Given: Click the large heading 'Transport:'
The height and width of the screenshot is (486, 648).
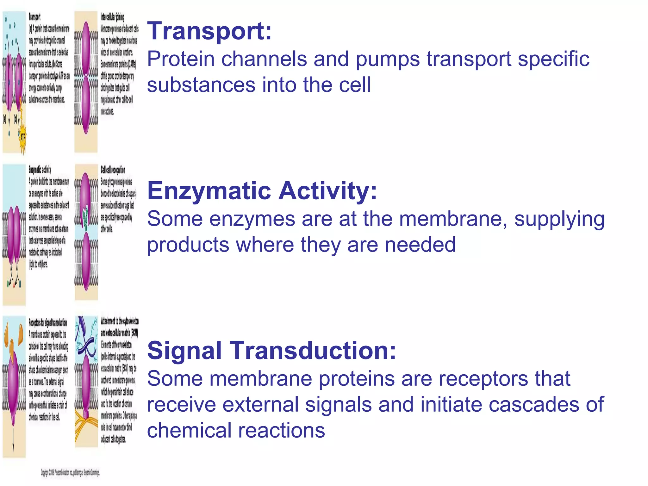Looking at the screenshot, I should point(209,31).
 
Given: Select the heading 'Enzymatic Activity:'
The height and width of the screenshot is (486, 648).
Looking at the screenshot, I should point(262,191).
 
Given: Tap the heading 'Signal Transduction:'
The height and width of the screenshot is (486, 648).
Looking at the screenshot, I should point(271,351).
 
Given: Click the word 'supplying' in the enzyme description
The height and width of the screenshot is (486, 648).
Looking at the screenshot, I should point(559,219).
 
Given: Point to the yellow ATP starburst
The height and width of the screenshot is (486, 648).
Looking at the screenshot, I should point(22,137).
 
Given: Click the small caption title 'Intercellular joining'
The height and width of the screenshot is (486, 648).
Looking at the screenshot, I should point(112,17).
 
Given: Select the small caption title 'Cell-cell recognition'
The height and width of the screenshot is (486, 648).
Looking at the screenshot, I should point(113,170).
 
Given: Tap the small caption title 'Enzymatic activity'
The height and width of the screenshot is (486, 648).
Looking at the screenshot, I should point(40,170).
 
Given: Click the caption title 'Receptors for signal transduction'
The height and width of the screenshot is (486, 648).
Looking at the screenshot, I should point(48,323).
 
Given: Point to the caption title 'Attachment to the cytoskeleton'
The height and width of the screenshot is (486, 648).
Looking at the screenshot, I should point(120,321).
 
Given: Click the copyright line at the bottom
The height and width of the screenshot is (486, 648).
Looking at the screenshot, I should point(70,473).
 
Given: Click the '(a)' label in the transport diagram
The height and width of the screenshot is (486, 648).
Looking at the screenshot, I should point(4,119).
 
